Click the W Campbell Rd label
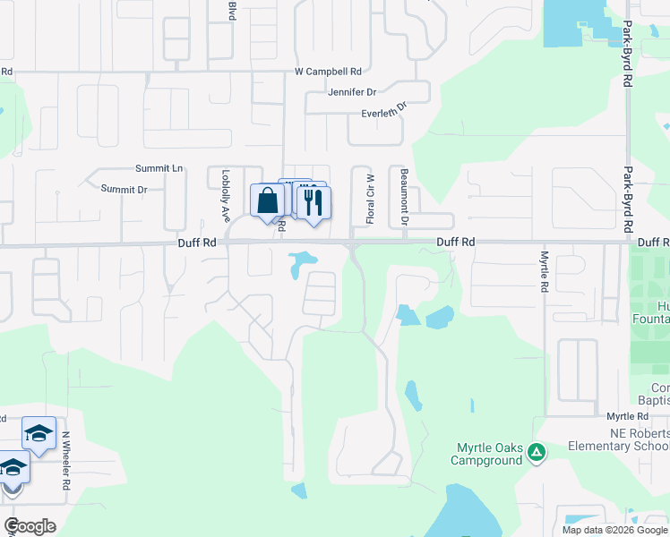[328, 72]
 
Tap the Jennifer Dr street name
[352, 91]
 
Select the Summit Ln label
[159, 168]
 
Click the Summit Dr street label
[124, 189]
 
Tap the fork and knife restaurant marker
[313, 201]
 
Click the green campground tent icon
[536, 452]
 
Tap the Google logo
[30, 526]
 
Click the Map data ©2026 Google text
[614, 530]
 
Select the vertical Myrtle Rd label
[544, 271]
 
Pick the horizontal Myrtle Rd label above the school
[627, 417]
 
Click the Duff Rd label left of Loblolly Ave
[196, 243]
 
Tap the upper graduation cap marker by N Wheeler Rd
[39, 435]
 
